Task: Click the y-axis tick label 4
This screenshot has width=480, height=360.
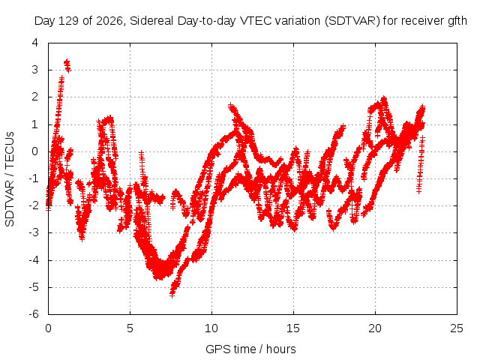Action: coord(35,43)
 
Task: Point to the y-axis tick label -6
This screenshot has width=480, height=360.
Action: coord(34,314)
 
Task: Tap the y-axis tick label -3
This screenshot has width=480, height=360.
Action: coord(34,232)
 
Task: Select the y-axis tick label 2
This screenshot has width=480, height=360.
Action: coord(35,97)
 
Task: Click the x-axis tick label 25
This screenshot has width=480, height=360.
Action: coord(457,328)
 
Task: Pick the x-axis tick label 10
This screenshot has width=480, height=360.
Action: coord(211,328)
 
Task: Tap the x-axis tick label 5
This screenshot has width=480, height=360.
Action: coord(130,328)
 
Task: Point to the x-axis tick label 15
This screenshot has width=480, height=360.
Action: coord(293,328)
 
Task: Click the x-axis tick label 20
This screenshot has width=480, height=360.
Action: coord(375,328)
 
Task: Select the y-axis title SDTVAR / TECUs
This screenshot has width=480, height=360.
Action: coord(10,179)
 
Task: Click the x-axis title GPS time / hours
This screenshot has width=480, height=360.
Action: coord(250,349)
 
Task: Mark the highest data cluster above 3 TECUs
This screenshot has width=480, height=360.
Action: coord(67,65)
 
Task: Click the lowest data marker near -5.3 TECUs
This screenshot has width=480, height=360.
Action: coord(172,295)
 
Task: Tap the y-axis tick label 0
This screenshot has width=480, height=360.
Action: coord(35,151)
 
